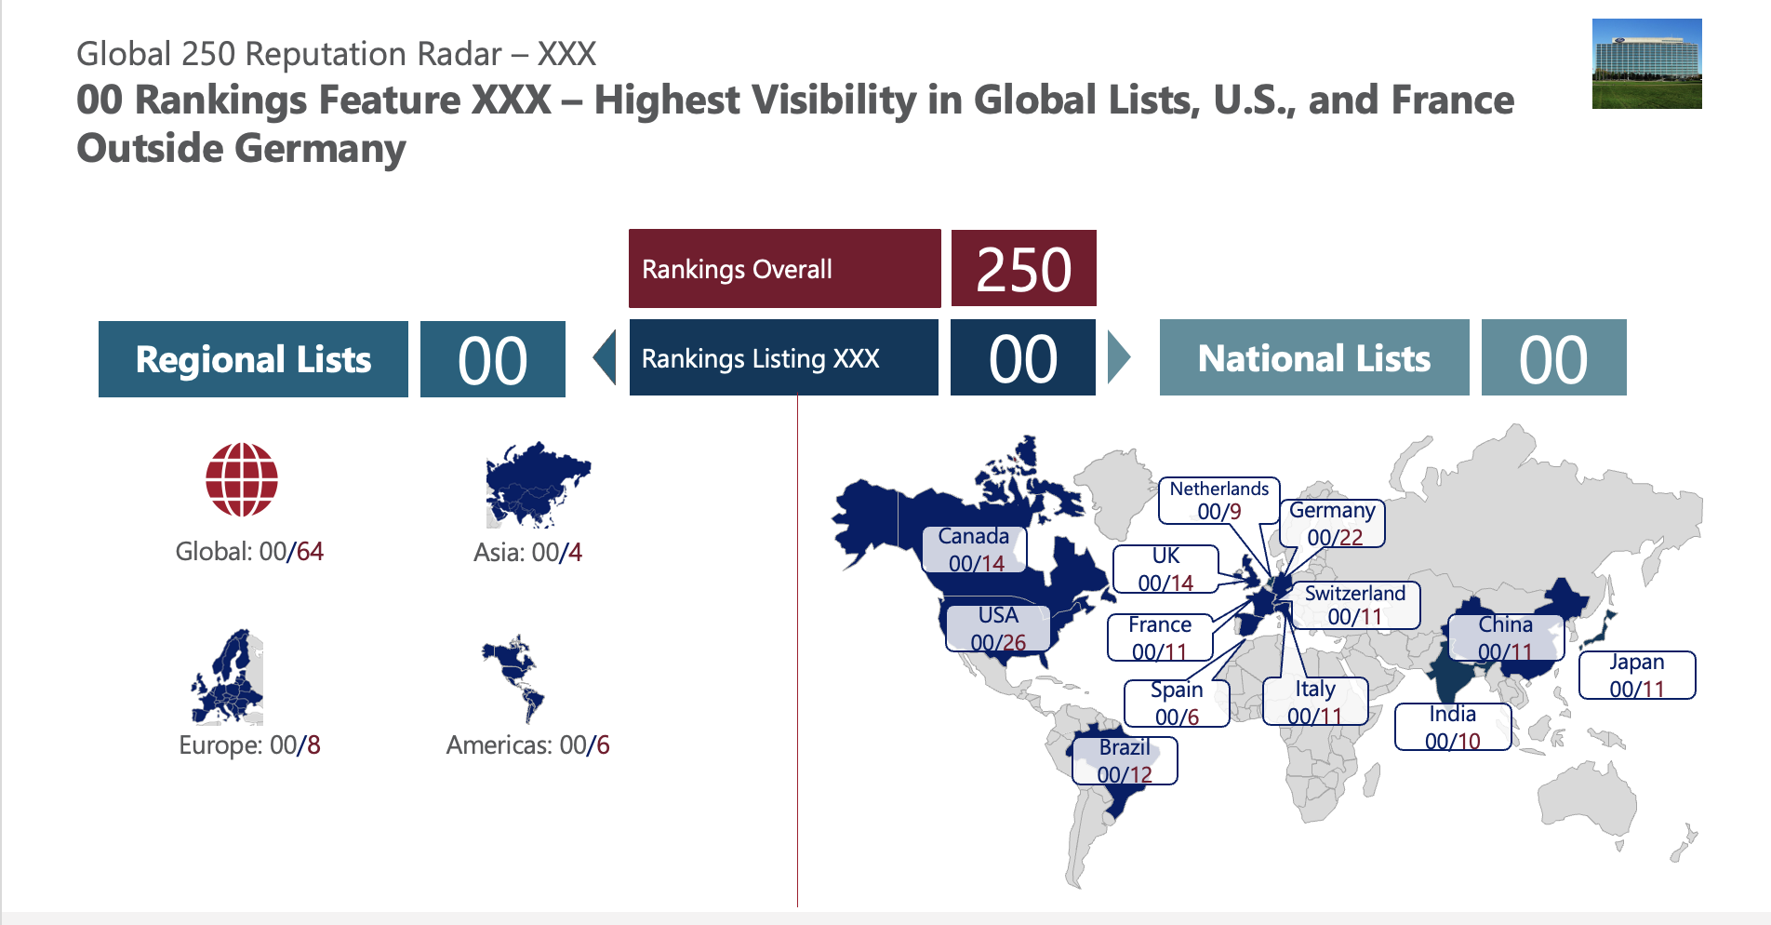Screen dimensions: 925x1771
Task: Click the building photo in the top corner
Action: [x=1646, y=63]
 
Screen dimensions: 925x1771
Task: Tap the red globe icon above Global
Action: [x=242, y=479]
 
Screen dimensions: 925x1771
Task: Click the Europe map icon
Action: [x=229, y=677]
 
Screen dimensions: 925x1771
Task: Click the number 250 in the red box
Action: [x=1023, y=269]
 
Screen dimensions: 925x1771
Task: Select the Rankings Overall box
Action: [x=784, y=269]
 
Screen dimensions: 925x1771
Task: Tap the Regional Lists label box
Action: [x=253, y=359]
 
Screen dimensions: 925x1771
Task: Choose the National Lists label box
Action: [x=1313, y=358]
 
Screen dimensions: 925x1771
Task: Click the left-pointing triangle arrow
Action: [x=606, y=357]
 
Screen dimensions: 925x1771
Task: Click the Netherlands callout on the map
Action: [x=1218, y=501]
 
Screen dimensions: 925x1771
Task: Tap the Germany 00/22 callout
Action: [x=1332, y=524]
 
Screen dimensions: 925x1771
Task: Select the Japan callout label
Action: [x=1637, y=676]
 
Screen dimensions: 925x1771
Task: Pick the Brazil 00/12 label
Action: [x=1125, y=761]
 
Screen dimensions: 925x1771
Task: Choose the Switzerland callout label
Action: [x=1355, y=605]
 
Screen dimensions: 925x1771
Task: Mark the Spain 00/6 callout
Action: [x=1177, y=704]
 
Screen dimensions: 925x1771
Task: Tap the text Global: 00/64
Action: [x=249, y=552]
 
